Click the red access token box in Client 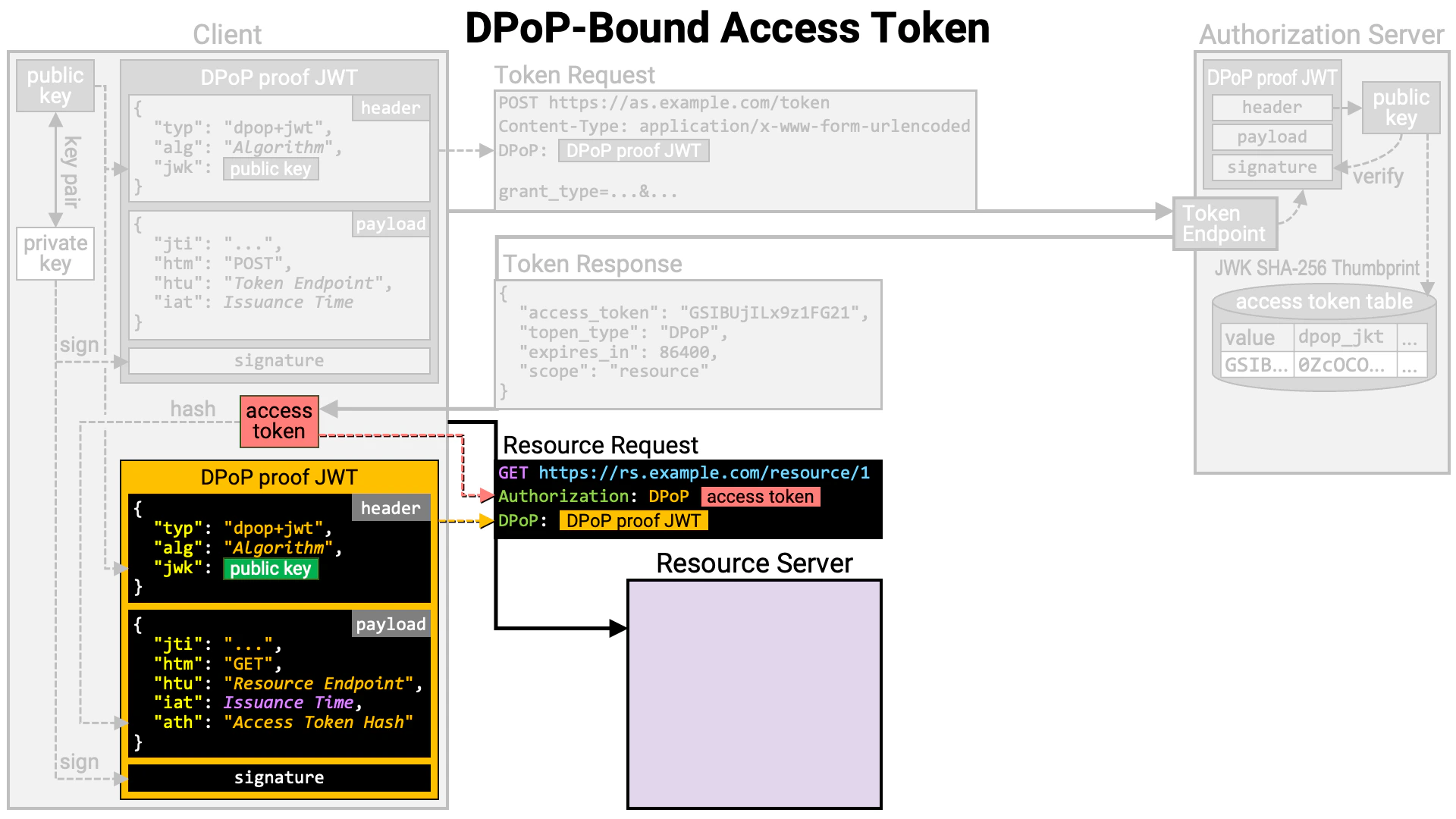coord(279,421)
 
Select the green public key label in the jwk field coord(271,569)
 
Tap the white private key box coord(55,253)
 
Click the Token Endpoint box coord(1224,224)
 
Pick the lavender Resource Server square coord(754,694)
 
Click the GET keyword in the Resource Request coord(513,473)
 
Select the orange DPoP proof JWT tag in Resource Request coord(633,521)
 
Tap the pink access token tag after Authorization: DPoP coord(760,497)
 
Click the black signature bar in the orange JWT coord(279,777)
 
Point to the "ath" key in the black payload coord(177,723)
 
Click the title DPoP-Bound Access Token coord(726,29)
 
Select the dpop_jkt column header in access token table coord(1340,337)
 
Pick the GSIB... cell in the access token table coord(1256,365)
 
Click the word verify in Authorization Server coord(1377,177)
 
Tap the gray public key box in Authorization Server coord(1401,108)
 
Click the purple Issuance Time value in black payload coord(288,703)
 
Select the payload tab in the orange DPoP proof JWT coord(391,624)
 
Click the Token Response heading coord(592,264)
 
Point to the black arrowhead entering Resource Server coord(617,628)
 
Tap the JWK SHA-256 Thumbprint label coord(1316,268)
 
